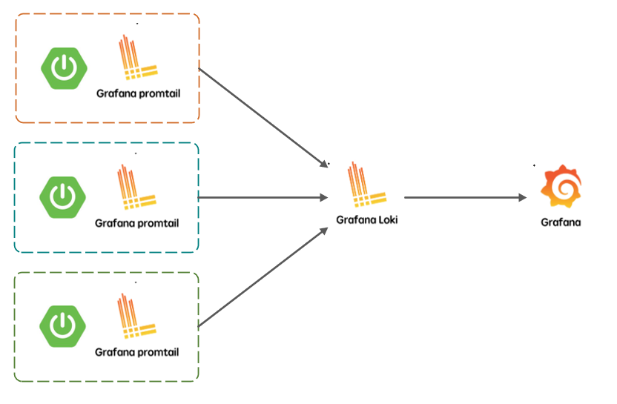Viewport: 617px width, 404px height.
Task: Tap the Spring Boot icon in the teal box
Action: (x=62, y=196)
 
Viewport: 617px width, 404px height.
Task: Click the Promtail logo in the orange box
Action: (x=136, y=59)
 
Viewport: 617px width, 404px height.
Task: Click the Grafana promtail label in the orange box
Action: (x=138, y=94)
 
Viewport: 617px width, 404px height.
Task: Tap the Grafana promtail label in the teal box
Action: (x=137, y=222)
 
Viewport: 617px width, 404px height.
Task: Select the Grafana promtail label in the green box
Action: (x=137, y=352)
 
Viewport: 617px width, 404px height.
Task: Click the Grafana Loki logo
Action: (x=367, y=187)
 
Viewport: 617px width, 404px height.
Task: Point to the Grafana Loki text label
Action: (x=366, y=219)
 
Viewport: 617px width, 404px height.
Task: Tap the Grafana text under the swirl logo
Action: (x=561, y=222)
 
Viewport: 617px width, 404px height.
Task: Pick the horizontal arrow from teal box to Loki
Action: (x=263, y=197)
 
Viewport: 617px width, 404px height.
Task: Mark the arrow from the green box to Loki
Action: (x=263, y=277)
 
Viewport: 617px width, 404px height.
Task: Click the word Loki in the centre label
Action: (x=387, y=219)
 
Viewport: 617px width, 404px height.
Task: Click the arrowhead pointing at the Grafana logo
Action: (x=522, y=197)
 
